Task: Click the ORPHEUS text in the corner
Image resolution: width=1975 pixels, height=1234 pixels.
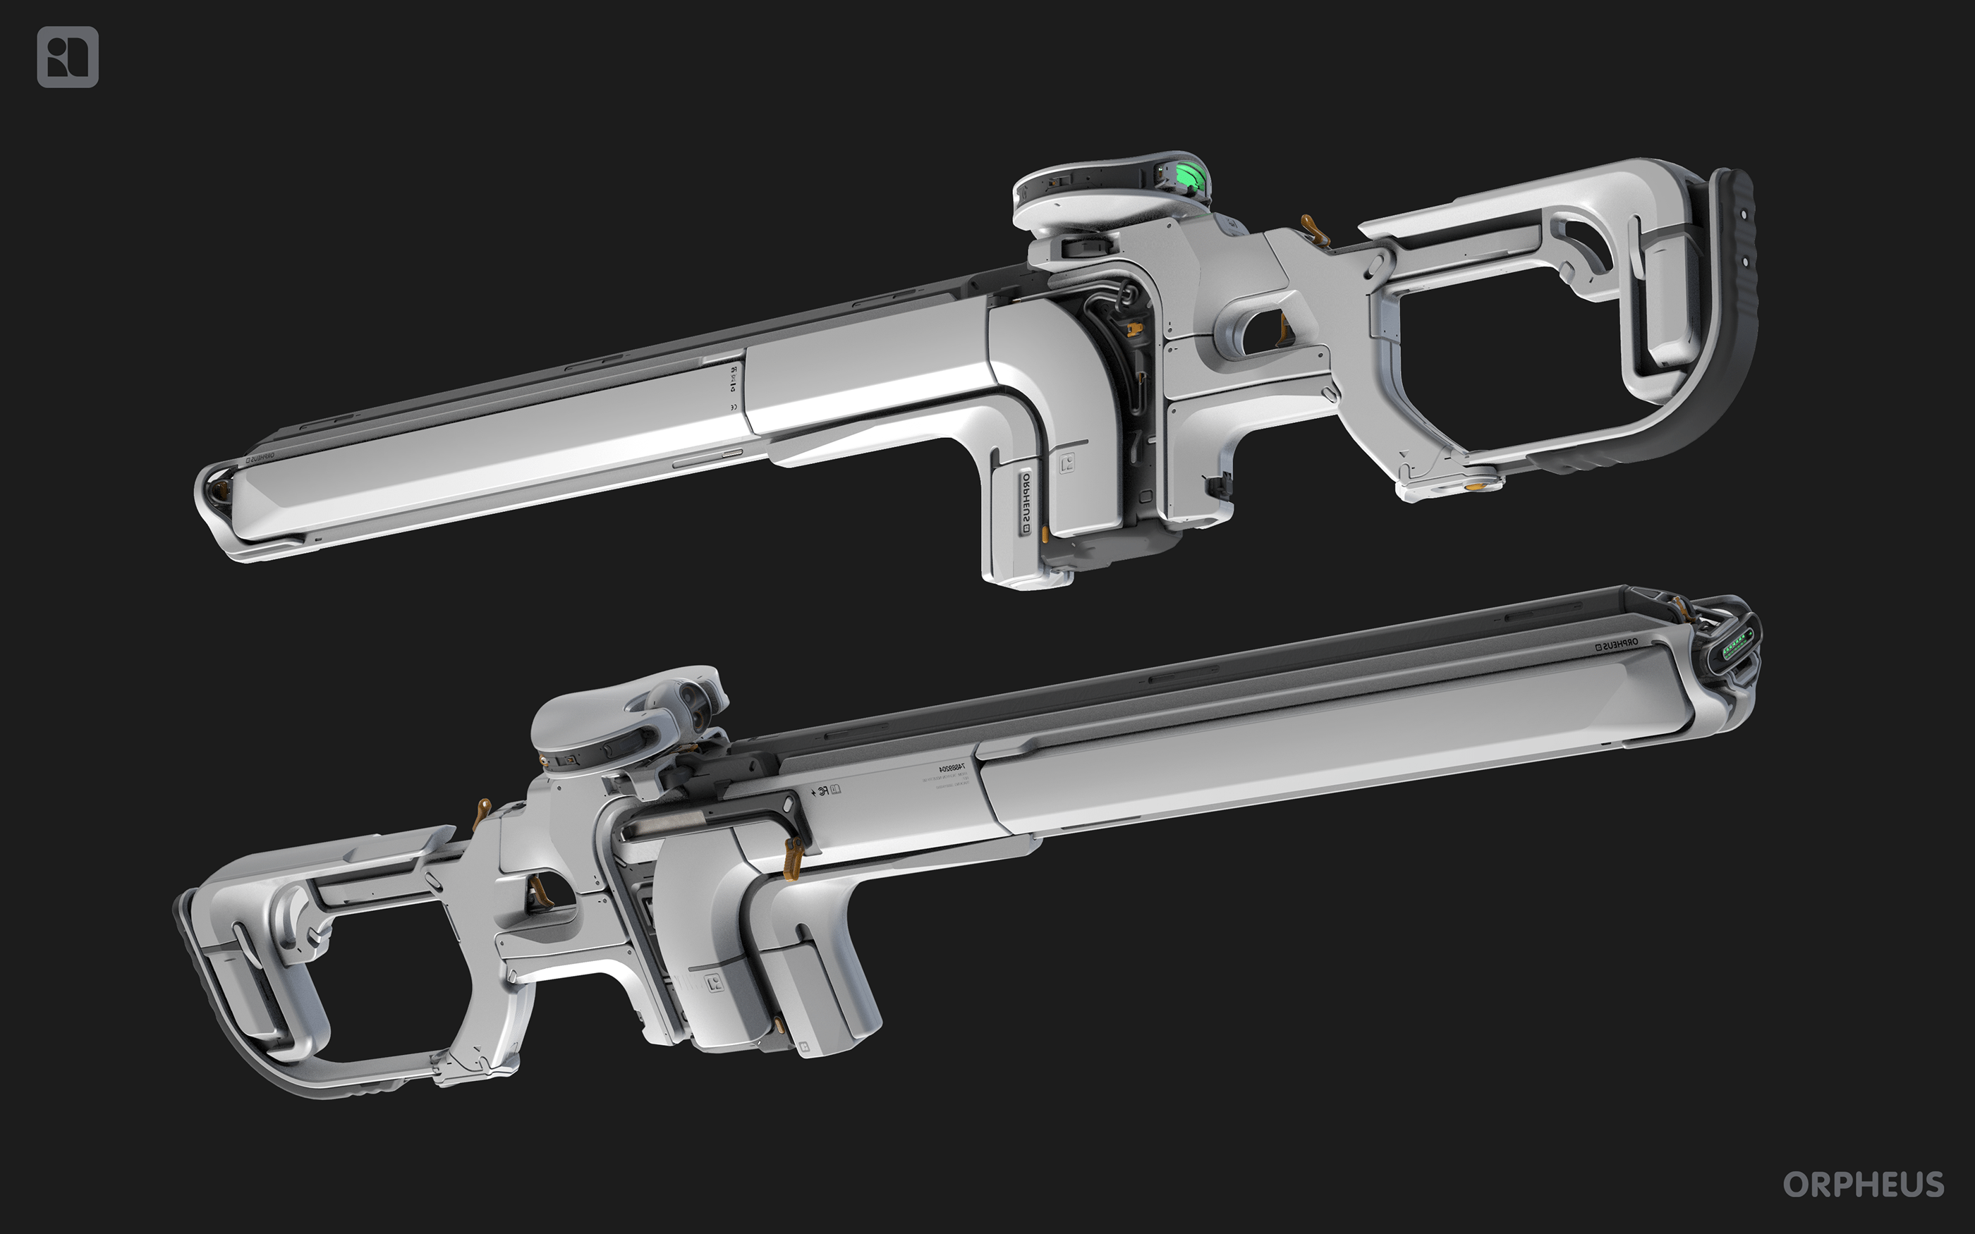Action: point(1863,1184)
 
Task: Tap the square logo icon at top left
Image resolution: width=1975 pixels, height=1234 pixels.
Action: point(68,57)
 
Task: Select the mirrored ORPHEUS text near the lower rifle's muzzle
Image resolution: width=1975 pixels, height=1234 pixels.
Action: point(1616,644)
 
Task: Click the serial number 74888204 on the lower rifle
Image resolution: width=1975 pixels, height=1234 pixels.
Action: point(951,768)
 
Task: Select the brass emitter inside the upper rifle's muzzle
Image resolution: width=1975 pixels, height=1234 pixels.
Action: point(218,492)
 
